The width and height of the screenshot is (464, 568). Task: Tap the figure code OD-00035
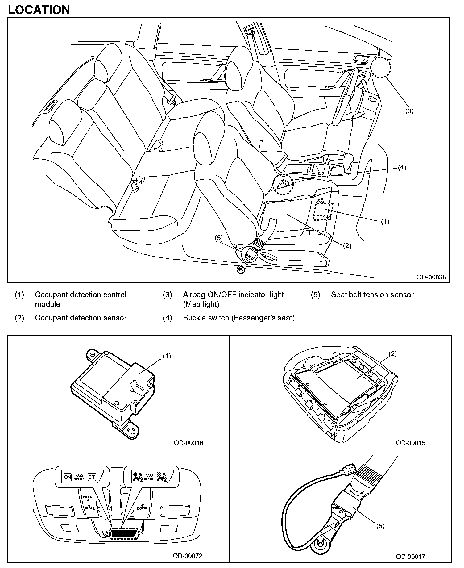[x=431, y=277]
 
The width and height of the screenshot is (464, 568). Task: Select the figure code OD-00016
[x=188, y=443]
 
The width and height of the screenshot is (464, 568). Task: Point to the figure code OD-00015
[x=410, y=443]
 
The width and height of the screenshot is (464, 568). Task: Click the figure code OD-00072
[x=187, y=556]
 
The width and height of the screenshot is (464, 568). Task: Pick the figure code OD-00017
[x=410, y=557]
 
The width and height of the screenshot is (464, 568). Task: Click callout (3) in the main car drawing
[x=409, y=111]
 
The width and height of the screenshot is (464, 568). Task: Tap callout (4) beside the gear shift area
[x=402, y=168]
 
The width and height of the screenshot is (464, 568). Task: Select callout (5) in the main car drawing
[x=218, y=238]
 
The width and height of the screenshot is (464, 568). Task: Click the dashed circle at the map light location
[x=381, y=67]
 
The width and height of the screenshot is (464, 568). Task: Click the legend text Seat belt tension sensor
[x=372, y=295]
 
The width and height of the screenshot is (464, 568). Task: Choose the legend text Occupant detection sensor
[x=81, y=318]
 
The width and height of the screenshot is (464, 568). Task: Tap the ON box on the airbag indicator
[x=67, y=477]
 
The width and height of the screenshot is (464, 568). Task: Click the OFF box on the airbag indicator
[x=92, y=477]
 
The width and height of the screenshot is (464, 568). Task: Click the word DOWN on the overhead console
[x=142, y=508]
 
